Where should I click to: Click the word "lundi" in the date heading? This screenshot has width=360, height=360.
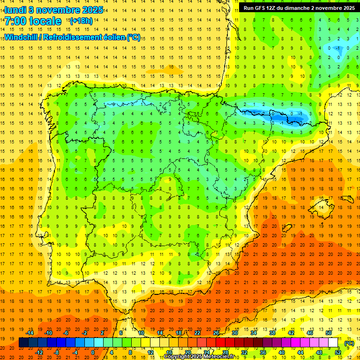click(x=15, y=9)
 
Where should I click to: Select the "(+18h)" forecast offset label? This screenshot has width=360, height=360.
click(x=81, y=21)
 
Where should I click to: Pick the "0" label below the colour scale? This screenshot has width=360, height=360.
click(x=92, y=352)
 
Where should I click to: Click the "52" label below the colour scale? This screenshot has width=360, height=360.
click(x=338, y=352)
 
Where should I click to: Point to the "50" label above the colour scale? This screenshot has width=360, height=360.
click(x=328, y=333)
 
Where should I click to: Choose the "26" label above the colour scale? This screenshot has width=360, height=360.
click(x=216, y=333)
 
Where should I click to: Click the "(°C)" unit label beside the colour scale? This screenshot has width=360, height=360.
click(x=349, y=343)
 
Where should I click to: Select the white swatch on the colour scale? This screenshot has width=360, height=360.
click(x=333, y=343)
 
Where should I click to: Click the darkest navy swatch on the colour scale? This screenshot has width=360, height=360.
click(x=23, y=343)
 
